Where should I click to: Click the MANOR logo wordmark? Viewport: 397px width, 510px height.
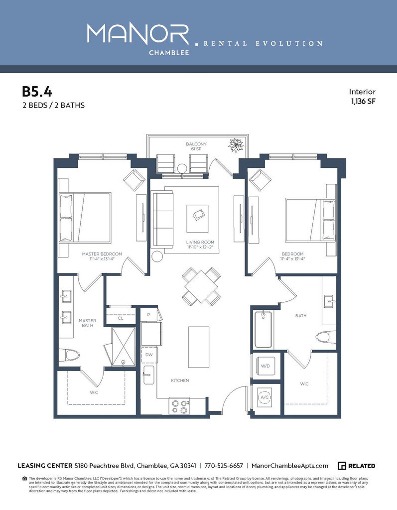point(138,34)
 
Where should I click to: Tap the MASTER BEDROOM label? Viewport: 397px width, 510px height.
point(102,256)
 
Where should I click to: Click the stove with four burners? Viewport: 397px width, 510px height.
point(179,406)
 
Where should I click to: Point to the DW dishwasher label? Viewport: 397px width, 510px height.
point(149,355)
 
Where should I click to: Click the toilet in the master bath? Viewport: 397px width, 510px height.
point(69,356)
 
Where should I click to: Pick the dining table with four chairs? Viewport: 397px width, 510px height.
point(201,286)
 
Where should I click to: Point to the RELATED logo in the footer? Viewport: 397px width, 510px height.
point(356,466)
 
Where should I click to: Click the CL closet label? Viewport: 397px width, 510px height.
point(121,318)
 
